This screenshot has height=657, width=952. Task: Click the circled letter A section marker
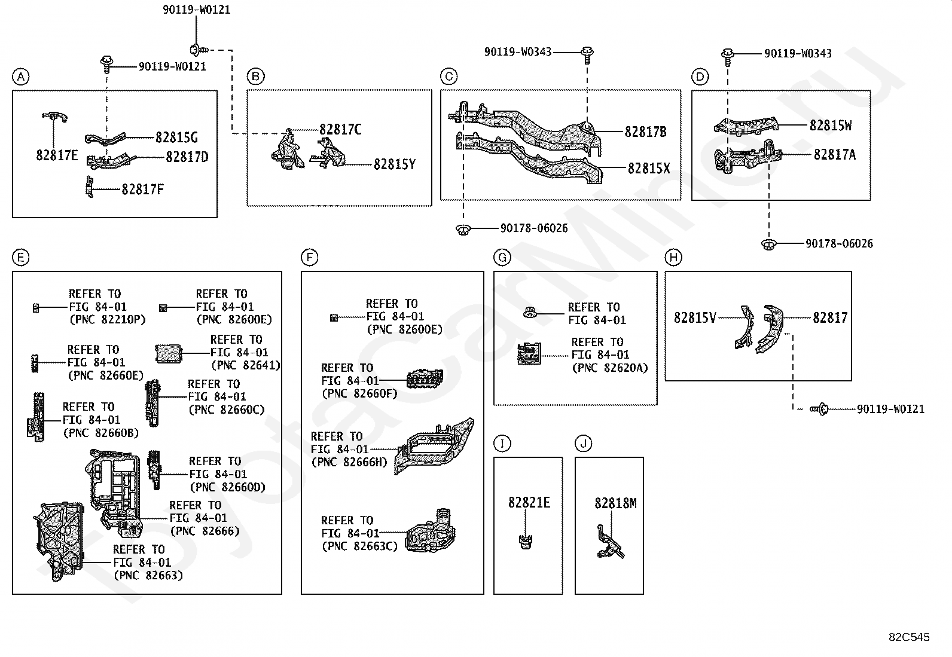tap(20, 77)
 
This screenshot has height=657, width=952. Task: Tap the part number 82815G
tap(176, 137)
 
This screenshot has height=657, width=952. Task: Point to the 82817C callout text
tap(340, 130)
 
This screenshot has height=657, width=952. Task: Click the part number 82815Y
tap(395, 164)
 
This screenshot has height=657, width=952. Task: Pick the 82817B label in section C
tap(645, 132)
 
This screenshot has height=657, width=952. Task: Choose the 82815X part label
tap(649, 169)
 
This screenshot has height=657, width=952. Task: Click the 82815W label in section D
tap(831, 125)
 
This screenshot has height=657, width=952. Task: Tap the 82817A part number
tap(834, 155)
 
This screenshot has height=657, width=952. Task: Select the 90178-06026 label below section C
tap(534, 228)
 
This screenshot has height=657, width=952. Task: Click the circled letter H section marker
tap(673, 258)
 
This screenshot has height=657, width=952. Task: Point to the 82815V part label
tap(695, 318)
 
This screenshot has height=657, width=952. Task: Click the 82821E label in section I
tap(529, 503)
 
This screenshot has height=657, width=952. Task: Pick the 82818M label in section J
tap(615, 503)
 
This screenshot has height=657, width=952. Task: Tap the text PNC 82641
tap(245, 365)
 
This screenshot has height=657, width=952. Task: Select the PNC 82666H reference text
tap(349, 462)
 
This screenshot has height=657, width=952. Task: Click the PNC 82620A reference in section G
tap(610, 368)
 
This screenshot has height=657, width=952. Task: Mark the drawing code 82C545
tap(909, 637)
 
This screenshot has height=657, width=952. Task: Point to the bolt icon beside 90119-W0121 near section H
tap(818, 409)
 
